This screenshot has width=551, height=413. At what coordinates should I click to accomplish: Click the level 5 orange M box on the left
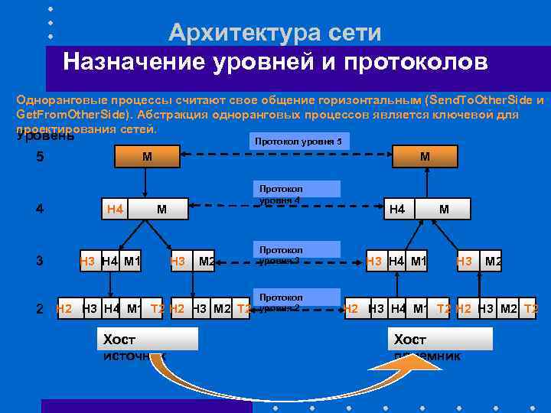point(146,157)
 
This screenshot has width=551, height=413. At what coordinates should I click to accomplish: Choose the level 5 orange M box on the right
point(424,157)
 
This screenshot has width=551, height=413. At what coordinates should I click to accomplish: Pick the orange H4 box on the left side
point(116,208)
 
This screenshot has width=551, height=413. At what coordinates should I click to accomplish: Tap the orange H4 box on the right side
point(397,208)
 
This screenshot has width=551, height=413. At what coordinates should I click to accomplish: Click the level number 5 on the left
point(40,158)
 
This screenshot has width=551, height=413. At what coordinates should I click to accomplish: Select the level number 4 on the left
point(40,208)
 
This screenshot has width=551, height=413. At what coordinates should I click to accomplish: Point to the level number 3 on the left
point(40,261)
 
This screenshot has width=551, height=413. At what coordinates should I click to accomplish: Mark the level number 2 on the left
point(40,309)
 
